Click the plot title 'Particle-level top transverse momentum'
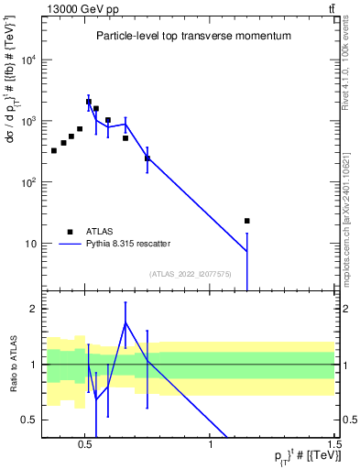click(193, 36)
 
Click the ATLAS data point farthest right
click(246, 221)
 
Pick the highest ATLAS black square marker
click(88, 102)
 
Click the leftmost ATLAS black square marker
click(54, 150)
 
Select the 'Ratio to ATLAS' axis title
click(13, 364)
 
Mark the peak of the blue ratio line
click(125, 322)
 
